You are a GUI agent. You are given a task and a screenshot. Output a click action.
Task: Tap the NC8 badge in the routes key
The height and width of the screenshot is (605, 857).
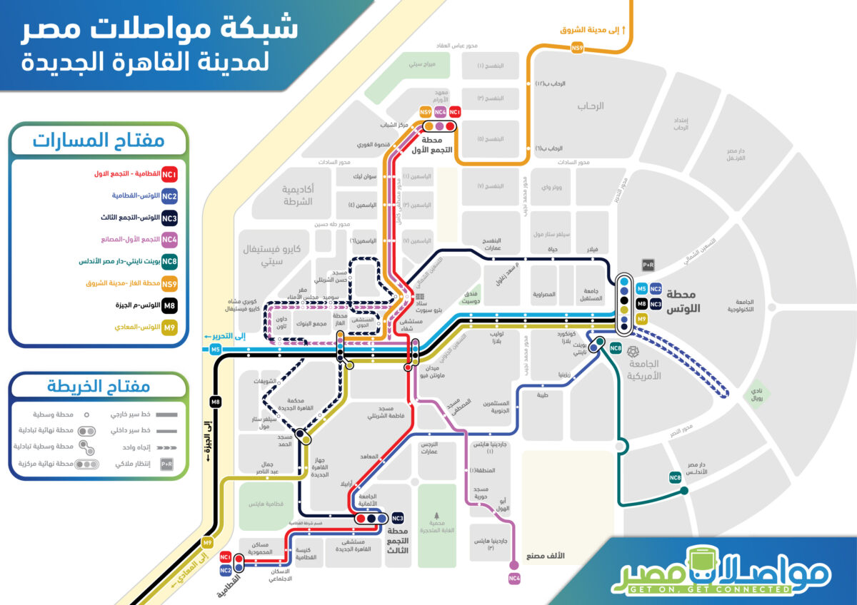pos(169,262)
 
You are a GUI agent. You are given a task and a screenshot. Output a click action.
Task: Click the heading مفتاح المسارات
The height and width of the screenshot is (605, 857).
pos(99,140)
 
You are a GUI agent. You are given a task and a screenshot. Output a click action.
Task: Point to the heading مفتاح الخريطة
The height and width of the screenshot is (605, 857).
pos(99,387)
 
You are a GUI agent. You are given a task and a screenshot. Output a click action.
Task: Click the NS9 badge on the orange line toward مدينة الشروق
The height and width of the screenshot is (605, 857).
pos(577,48)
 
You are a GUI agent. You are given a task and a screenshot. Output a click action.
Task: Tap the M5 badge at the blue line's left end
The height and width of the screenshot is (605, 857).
pos(215,349)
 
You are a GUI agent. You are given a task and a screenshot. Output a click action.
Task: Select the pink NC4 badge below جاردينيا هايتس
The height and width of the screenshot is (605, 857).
pos(514,579)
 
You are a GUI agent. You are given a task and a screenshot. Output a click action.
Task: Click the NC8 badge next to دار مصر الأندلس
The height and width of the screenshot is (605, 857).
pos(675,477)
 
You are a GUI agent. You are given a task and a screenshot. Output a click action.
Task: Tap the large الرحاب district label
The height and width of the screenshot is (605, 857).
pos(590,106)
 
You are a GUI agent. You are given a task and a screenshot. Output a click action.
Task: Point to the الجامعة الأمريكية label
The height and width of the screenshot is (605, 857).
pos(643,369)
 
